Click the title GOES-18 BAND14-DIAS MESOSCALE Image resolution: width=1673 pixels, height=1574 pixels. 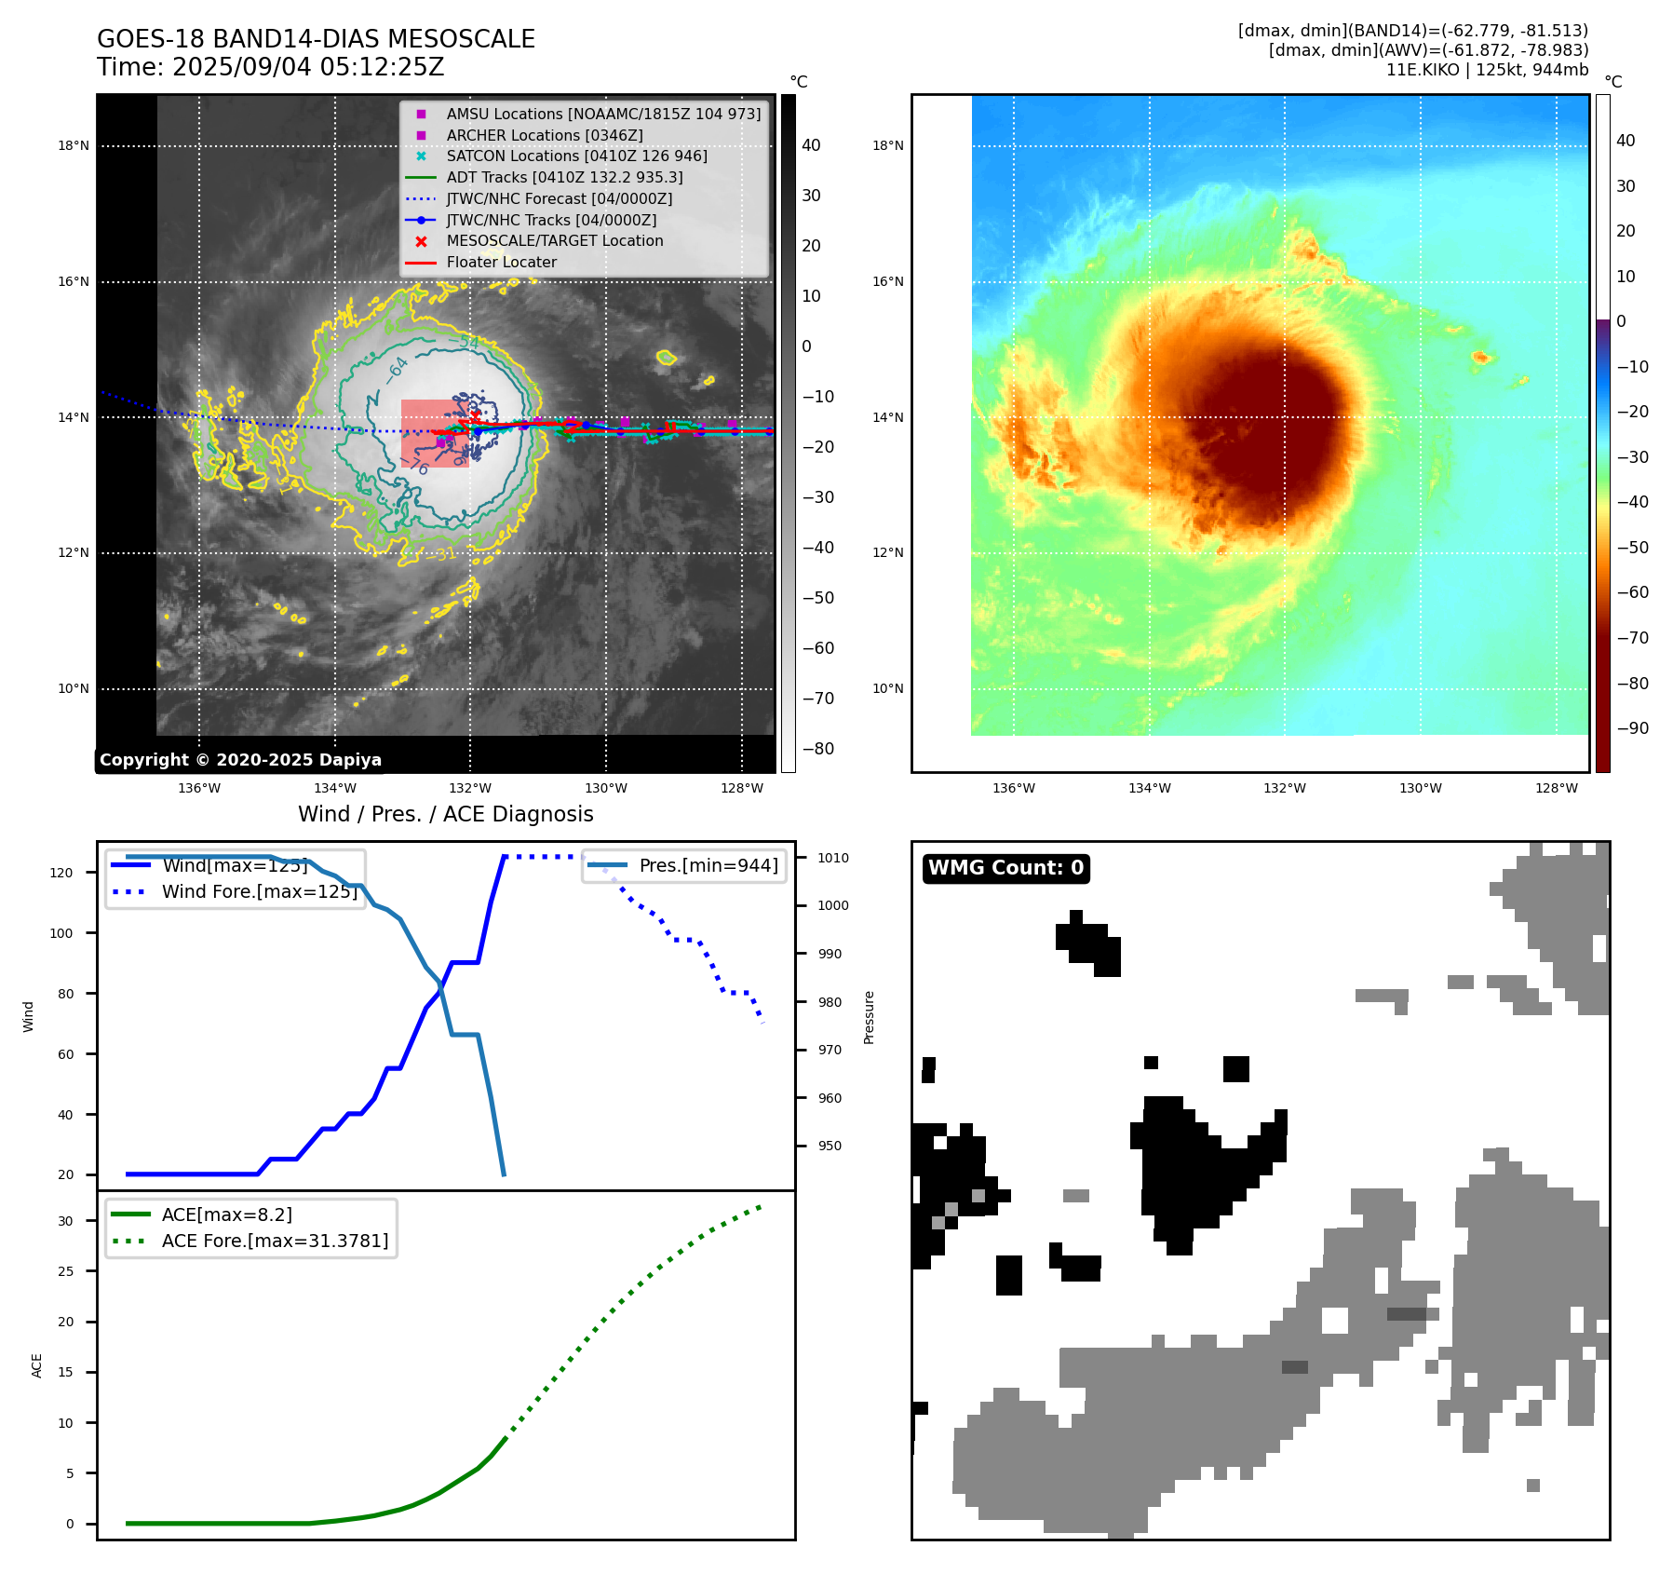(x=316, y=39)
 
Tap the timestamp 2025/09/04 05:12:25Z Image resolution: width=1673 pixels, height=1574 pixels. (x=308, y=67)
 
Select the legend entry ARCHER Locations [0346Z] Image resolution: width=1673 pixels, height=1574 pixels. (x=544, y=135)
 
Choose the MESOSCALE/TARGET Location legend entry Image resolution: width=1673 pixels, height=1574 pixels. (x=554, y=240)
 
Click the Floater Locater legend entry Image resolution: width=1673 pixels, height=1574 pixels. (x=501, y=262)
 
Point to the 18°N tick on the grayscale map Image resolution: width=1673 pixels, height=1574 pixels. (x=74, y=145)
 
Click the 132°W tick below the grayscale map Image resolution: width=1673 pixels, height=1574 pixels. (x=470, y=788)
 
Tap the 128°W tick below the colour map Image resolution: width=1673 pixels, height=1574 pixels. (x=1556, y=788)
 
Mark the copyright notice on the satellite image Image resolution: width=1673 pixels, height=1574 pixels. (x=240, y=760)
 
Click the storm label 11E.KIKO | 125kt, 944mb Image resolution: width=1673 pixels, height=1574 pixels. (x=1487, y=70)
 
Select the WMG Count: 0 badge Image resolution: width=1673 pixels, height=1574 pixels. (x=1005, y=868)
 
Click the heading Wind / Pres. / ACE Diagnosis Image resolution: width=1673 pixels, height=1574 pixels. (x=445, y=814)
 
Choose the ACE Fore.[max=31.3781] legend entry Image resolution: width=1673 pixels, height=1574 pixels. (x=275, y=1241)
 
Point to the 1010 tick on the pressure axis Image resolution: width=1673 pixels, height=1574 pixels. (x=833, y=858)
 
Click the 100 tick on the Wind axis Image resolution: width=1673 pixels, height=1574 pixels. (x=61, y=933)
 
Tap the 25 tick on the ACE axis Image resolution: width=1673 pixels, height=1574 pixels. (x=65, y=1271)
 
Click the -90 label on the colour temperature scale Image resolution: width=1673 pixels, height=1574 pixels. (x=1632, y=728)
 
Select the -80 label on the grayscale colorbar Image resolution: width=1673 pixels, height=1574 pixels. (x=818, y=749)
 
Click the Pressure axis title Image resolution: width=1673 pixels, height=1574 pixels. (x=869, y=1017)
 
